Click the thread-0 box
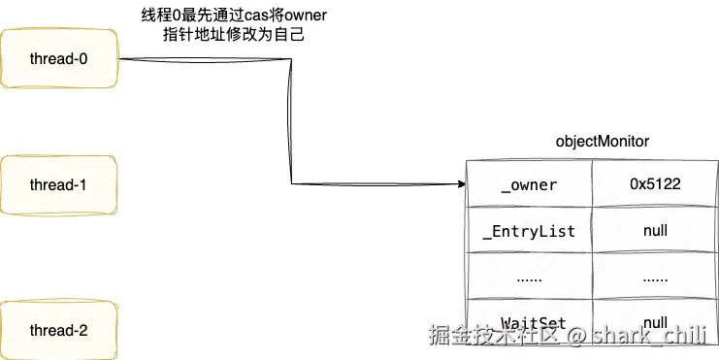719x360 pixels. [59, 58]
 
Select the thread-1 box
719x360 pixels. [59, 185]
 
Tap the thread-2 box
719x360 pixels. [59, 331]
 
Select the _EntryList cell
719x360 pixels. [529, 231]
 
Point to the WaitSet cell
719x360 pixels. [529, 322]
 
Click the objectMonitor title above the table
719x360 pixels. [602, 142]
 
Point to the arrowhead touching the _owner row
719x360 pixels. [459, 183]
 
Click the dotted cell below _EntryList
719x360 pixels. [529, 277]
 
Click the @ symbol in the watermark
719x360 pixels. [577, 337]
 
